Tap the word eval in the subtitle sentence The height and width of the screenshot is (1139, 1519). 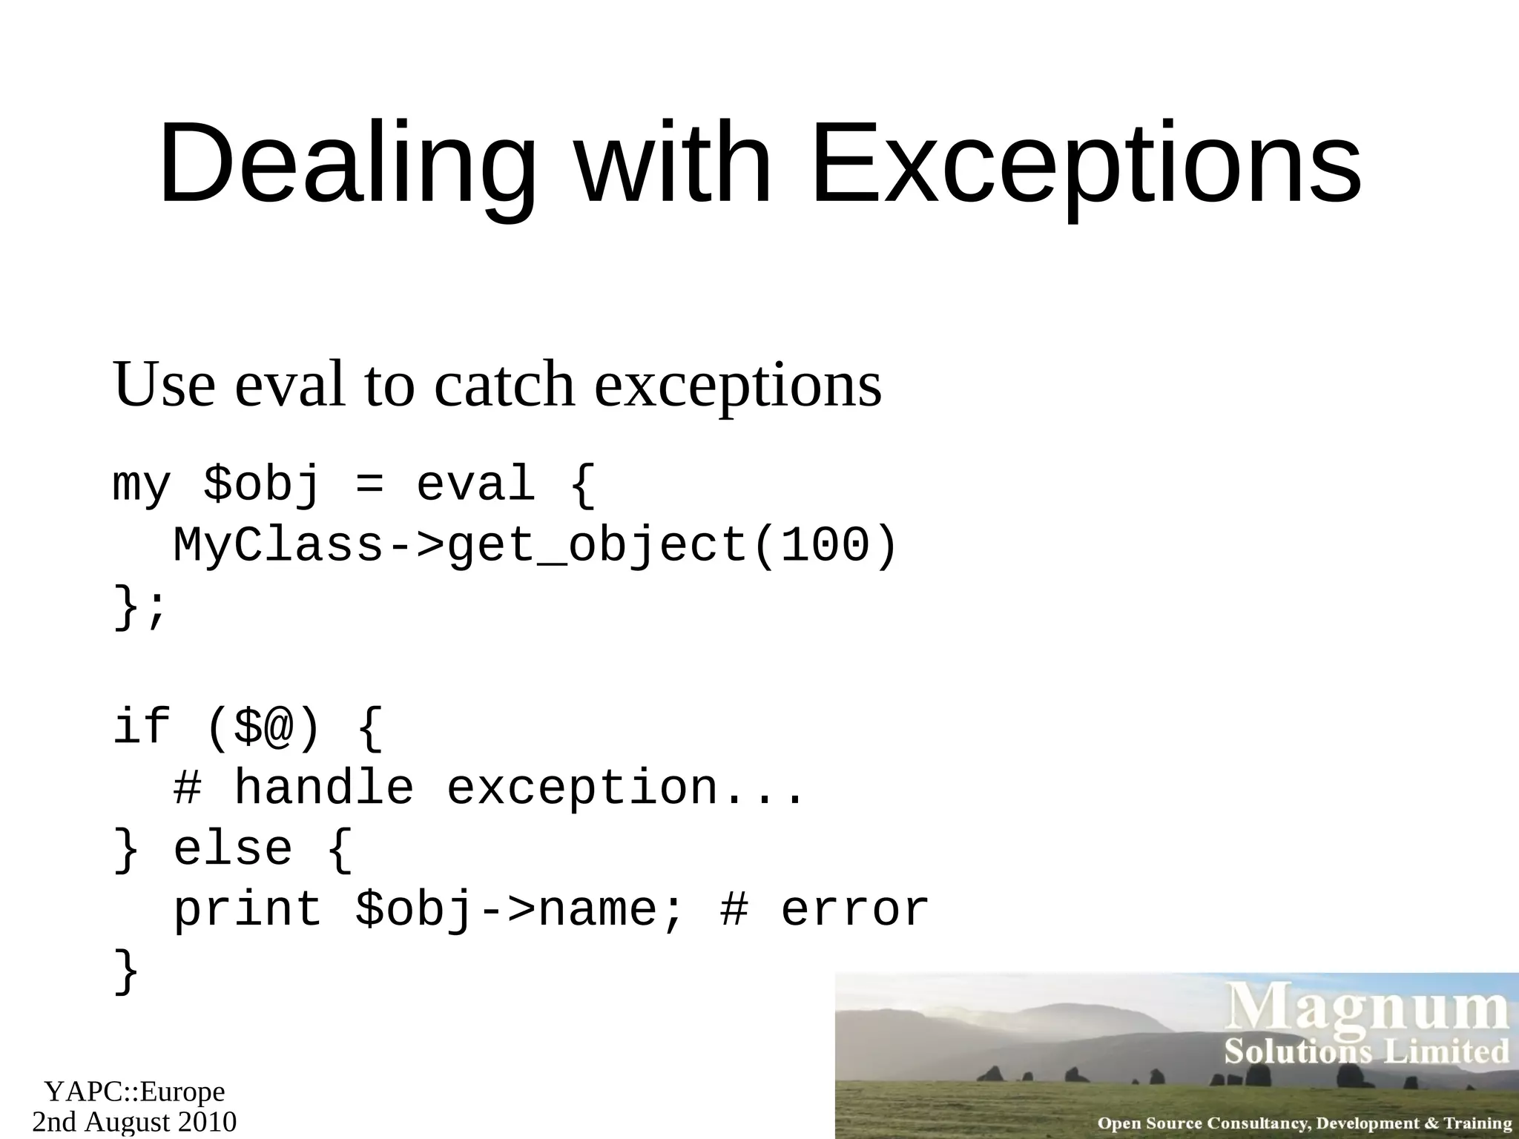(x=290, y=385)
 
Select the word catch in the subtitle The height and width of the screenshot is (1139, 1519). (x=504, y=385)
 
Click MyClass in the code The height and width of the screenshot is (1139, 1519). (x=278, y=547)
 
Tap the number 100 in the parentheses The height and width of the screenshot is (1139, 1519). (x=825, y=547)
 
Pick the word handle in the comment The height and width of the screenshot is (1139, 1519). (x=323, y=788)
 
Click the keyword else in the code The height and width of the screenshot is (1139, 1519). (x=232, y=849)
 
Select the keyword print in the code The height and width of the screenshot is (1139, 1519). (x=248, y=910)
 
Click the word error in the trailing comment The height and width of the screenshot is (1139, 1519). (x=854, y=910)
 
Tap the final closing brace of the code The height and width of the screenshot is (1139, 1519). (x=126, y=971)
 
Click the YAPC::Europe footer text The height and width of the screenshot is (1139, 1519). (x=134, y=1092)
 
